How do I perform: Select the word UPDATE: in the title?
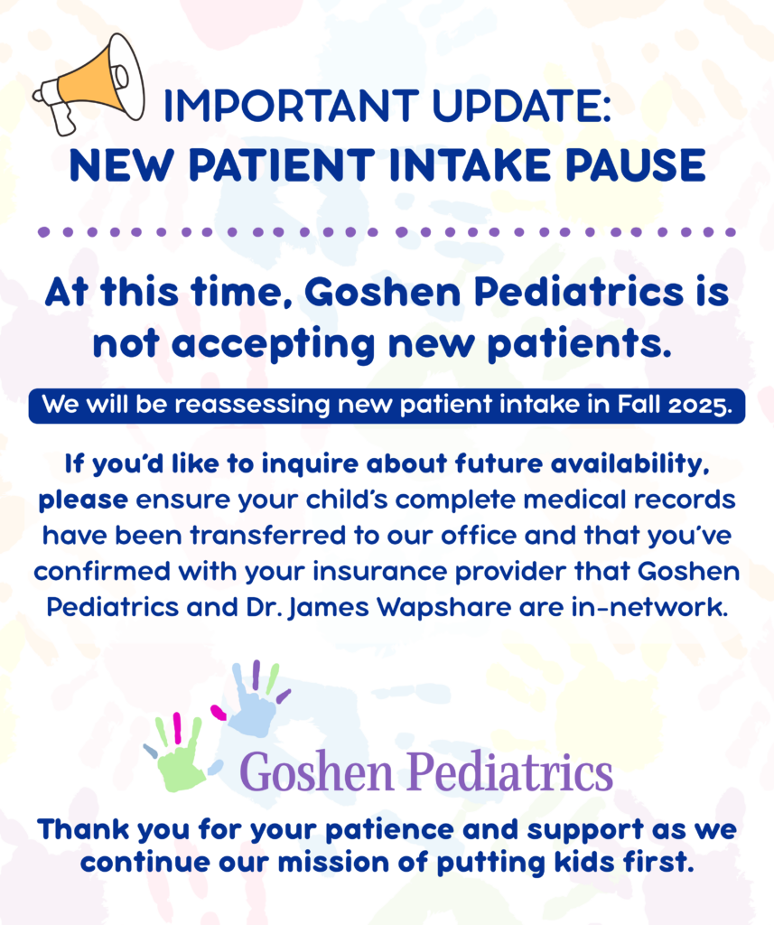pyautogui.click(x=521, y=107)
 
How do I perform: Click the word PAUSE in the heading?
pyautogui.click(x=635, y=165)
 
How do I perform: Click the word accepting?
pyautogui.click(x=273, y=345)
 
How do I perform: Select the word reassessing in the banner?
pyautogui.click(x=253, y=406)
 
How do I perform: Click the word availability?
pyautogui.click(x=629, y=464)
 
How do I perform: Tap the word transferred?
pyautogui.click(x=268, y=536)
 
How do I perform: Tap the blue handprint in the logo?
pyautogui.click(x=254, y=700)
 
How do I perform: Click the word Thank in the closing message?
pyautogui.click(x=83, y=829)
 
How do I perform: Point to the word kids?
pyautogui.click(x=583, y=863)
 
